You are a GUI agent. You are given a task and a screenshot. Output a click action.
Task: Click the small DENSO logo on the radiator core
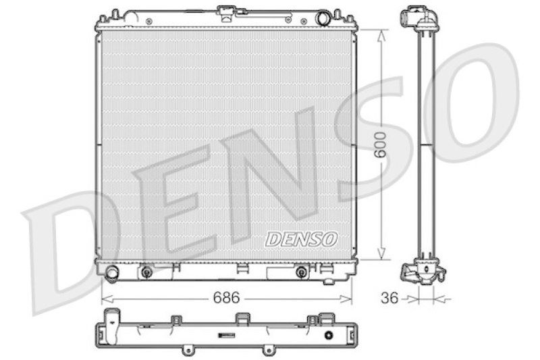300,239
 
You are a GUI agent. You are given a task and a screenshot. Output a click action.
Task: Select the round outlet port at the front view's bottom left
112,272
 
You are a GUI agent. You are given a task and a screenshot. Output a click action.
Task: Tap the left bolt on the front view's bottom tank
146,272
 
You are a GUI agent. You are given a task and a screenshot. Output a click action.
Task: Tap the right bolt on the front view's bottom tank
301,272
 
